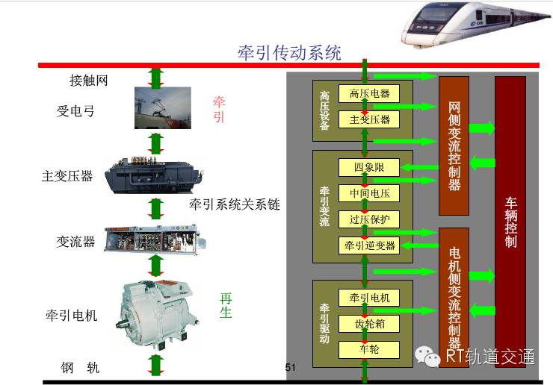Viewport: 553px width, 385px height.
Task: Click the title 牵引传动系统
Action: click(x=289, y=53)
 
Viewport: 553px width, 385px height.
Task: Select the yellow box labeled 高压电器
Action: click(x=369, y=93)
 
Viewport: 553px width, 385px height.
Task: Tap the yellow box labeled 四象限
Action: click(x=369, y=167)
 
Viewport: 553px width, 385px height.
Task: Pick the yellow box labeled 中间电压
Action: click(x=369, y=193)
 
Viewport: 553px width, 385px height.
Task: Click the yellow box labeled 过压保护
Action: click(x=369, y=219)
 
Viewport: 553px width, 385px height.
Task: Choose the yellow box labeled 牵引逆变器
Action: click(x=369, y=245)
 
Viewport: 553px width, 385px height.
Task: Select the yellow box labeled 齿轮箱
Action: click(x=369, y=323)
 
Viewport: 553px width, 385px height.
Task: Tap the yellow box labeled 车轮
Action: click(x=369, y=349)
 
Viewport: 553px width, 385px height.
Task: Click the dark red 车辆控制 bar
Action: click(x=510, y=222)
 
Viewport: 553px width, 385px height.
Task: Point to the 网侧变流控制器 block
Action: click(x=454, y=145)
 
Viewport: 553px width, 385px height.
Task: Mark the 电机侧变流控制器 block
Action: click(x=454, y=298)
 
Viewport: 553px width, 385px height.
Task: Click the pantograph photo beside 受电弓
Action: click(x=163, y=107)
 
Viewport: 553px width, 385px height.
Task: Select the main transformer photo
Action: click(x=154, y=175)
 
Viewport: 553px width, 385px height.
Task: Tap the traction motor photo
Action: click(x=157, y=313)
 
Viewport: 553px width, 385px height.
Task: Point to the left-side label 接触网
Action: click(x=88, y=81)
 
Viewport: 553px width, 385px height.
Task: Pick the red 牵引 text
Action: click(x=219, y=109)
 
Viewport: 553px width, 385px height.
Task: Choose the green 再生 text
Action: click(x=226, y=305)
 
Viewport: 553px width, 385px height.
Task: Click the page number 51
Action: click(x=290, y=367)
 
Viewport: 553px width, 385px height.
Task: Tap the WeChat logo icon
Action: click(x=427, y=357)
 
